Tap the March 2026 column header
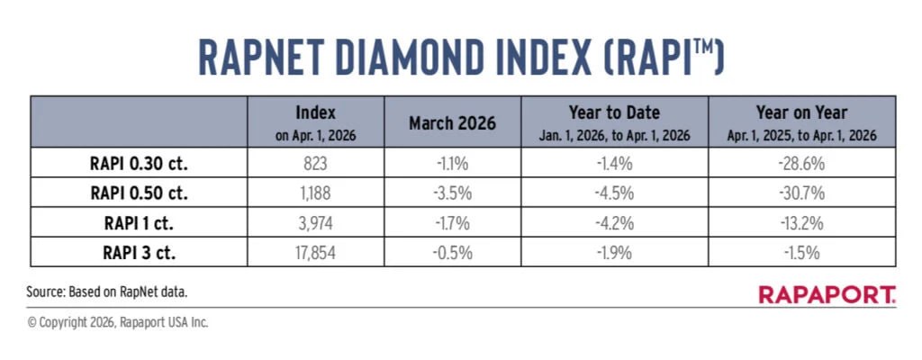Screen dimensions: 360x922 click(452, 123)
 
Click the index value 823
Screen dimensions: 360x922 click(315, 164)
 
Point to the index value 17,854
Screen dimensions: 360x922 click(315, 253)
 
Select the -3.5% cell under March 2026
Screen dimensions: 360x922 click(452, 193)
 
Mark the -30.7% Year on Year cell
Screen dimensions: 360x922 click(801, 193)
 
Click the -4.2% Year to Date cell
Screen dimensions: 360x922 click(614, 223)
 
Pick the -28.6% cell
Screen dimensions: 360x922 click(801, 164)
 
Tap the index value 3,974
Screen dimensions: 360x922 click(315, 223)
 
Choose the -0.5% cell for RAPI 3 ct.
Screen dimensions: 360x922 click(452, 253)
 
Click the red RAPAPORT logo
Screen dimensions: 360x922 click(827, 294)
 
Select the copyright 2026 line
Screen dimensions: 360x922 click(118, 321)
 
